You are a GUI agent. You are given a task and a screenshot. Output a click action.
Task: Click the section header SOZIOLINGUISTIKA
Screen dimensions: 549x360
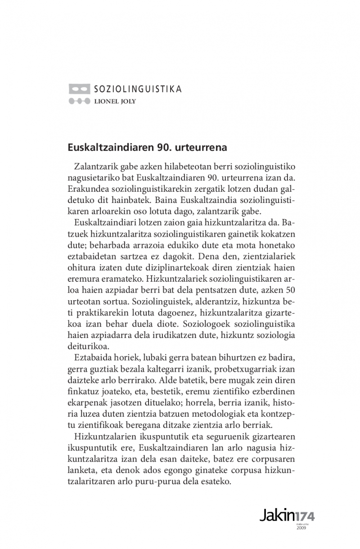138,89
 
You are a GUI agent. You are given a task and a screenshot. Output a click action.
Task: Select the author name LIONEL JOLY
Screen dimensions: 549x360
115,101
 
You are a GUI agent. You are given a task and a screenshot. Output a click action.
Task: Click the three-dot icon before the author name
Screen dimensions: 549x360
79,101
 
